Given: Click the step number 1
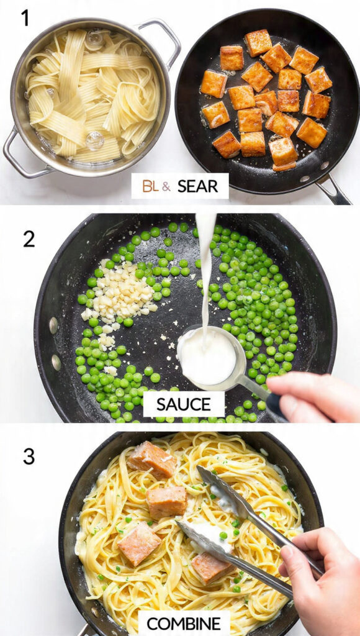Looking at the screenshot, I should click(x=25, y=18).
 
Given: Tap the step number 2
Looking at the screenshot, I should click(x=29, y=238).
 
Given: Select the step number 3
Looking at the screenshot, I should click(x=29, y=457).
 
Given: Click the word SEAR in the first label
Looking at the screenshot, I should click(x=197, y=186).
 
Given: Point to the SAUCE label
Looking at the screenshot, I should click(x=184, y=404).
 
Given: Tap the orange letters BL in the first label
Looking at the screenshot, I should click(x=150, y=186).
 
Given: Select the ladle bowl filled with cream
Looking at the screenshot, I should click(x=207, y=357).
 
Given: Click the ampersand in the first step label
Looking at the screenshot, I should click(x=166, y=186).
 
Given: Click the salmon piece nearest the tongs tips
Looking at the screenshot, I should click(x=210, y=566).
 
